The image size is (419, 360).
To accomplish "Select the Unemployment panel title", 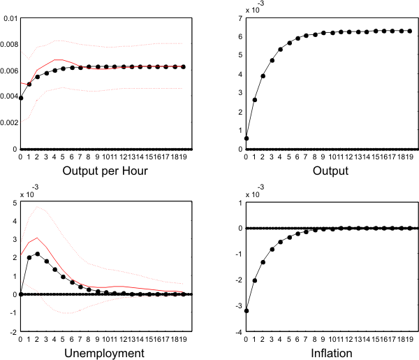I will pos(105,354).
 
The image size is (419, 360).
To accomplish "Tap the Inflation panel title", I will pos(332,354).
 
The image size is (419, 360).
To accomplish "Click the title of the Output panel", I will pos(332,171).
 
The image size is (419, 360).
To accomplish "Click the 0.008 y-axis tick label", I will pos(9,44).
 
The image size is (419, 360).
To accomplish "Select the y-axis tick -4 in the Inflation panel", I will pos(237,332).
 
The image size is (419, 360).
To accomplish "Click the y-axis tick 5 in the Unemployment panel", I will pos(13,203).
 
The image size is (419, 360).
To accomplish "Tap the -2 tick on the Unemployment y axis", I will pos(12,332).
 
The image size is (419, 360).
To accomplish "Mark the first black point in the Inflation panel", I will pos(247,310).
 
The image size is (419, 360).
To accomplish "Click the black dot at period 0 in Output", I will pos(247,138).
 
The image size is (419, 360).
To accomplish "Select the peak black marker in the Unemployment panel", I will pos(38,254).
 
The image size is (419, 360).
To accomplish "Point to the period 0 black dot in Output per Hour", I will pos(21,99).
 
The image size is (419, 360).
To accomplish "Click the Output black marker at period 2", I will pos(263,75).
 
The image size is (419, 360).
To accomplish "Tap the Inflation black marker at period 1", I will pos(255,280).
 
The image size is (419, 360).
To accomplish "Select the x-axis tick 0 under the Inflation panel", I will pos(247,340).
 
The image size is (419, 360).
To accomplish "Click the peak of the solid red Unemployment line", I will pos(38,238).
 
